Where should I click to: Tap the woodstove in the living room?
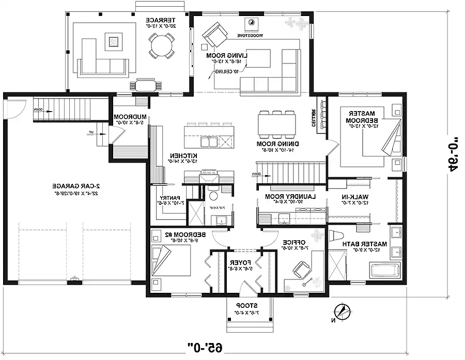252,24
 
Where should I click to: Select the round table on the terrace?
161,45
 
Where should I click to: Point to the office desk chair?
301,269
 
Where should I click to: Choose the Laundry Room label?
283,200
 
